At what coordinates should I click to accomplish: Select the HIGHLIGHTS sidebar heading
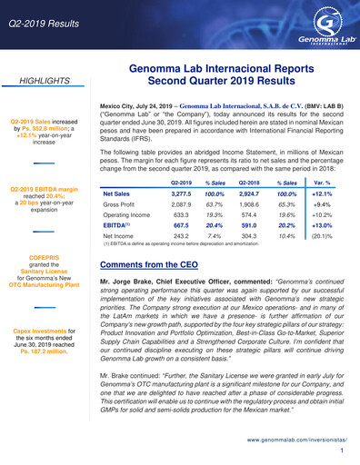tap(45, 81)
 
